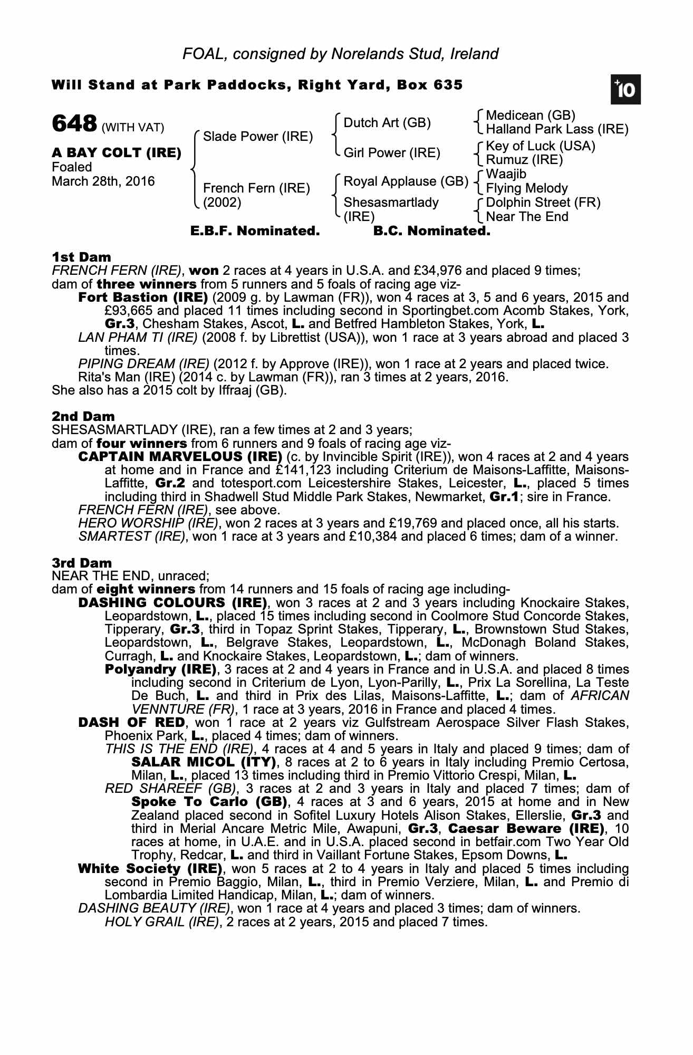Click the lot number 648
pos(74,124)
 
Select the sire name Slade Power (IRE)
pos(258,137)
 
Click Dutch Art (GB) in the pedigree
pos(387,123)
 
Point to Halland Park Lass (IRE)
pos(557,129)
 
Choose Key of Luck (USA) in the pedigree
pos(541,146)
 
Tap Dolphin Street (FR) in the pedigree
pos(543,203)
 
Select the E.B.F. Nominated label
pos(255,231)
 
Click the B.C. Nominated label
pos(431,231)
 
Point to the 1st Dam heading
pos(81,257)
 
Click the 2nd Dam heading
pos(83,417)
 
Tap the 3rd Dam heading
pos(82,563)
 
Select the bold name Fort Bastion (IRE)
pos(143,298)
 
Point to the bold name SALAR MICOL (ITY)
pos(204,762)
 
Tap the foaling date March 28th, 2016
pos(103,181)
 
